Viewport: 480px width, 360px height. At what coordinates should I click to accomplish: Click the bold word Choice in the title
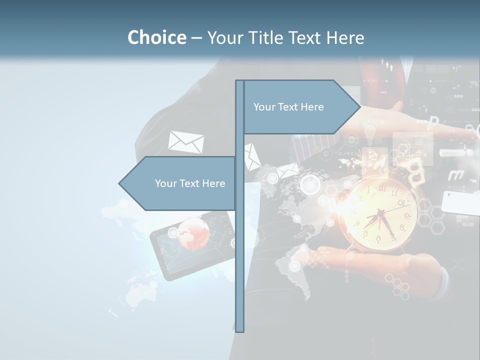pos(156,37)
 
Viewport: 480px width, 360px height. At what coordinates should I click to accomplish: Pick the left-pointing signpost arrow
pos(177,183)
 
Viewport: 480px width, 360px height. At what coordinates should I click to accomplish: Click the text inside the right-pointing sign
pos(288,107)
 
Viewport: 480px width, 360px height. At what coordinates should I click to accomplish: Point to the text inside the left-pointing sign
pos(190,183)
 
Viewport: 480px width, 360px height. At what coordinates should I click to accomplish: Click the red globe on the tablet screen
pos(193,232)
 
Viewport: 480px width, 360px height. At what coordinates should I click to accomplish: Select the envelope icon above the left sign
pos(186,142)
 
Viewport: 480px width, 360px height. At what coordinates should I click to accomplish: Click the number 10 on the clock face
pos(400,202)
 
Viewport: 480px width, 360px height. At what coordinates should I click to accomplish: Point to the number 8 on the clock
pos(401,227)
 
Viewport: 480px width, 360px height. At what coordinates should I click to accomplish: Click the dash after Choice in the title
pos(196,38)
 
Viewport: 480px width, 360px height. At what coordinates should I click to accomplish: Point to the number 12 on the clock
pos(382,188)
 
